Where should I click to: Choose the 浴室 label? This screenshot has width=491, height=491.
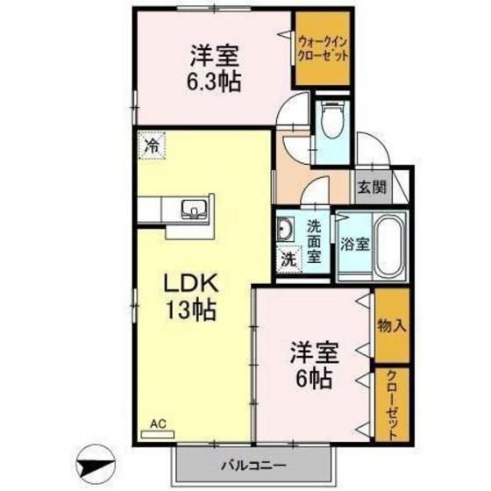[x=355, y=244]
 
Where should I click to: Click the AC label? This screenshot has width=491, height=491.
[x=157, y=424]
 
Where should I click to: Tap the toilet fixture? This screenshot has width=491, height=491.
[x=332, y=122]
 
